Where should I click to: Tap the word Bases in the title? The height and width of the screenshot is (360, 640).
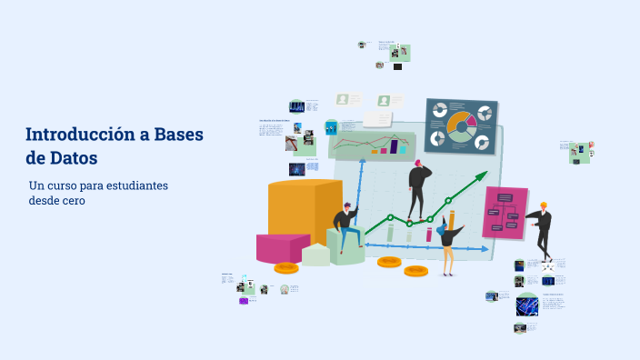point(179,135)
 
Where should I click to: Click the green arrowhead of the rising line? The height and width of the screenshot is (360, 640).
point(481,177)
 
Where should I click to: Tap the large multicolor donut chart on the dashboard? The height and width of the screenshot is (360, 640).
point(460,125)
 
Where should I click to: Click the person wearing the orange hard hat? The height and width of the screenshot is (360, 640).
point(542,227)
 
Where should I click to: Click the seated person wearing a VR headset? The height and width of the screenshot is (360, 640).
point(345,227)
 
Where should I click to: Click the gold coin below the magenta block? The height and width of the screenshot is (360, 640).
point(286,267)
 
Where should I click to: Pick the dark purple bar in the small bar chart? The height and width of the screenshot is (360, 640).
point(395,145)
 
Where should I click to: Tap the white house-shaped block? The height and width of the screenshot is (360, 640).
point(315,254)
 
